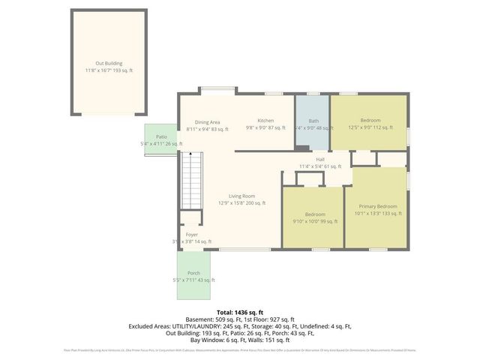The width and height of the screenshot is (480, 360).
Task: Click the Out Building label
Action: click(x=109, y=64)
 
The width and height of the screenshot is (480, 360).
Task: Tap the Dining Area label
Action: click(x=207, y=122)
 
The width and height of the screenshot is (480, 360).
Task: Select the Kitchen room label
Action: click(x=265, y=121)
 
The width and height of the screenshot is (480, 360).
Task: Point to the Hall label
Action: click(x=320, y=160)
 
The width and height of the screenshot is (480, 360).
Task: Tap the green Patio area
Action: click(x=160, y=139)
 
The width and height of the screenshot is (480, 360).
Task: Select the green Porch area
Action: click(x=193, y=275)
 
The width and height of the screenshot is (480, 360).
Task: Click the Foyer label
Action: click(x=192, y=235)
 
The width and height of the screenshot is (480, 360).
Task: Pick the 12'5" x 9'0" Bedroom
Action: click(x=370, y=124)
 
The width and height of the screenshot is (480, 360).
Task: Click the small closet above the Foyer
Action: click(x=189, y=217)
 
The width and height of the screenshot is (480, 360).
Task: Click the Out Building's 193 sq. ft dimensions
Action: click(x=109, y=70)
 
